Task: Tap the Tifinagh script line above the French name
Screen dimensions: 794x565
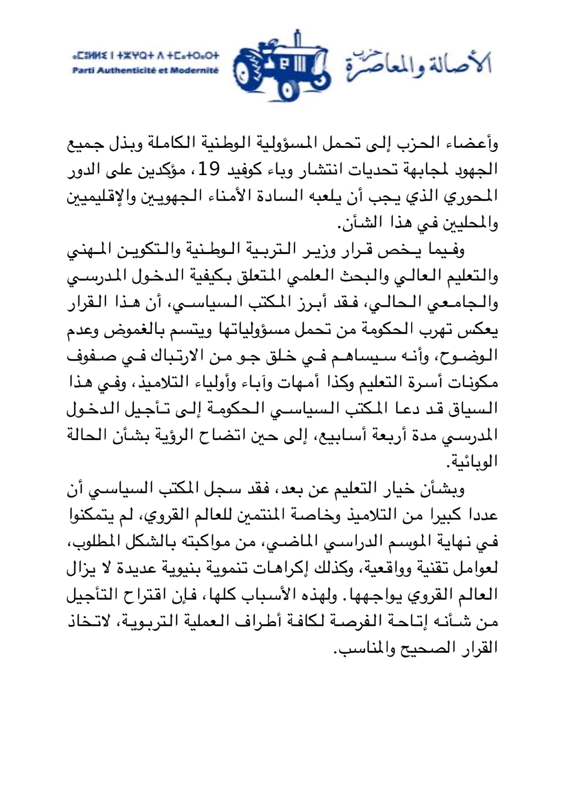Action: [146, 55]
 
